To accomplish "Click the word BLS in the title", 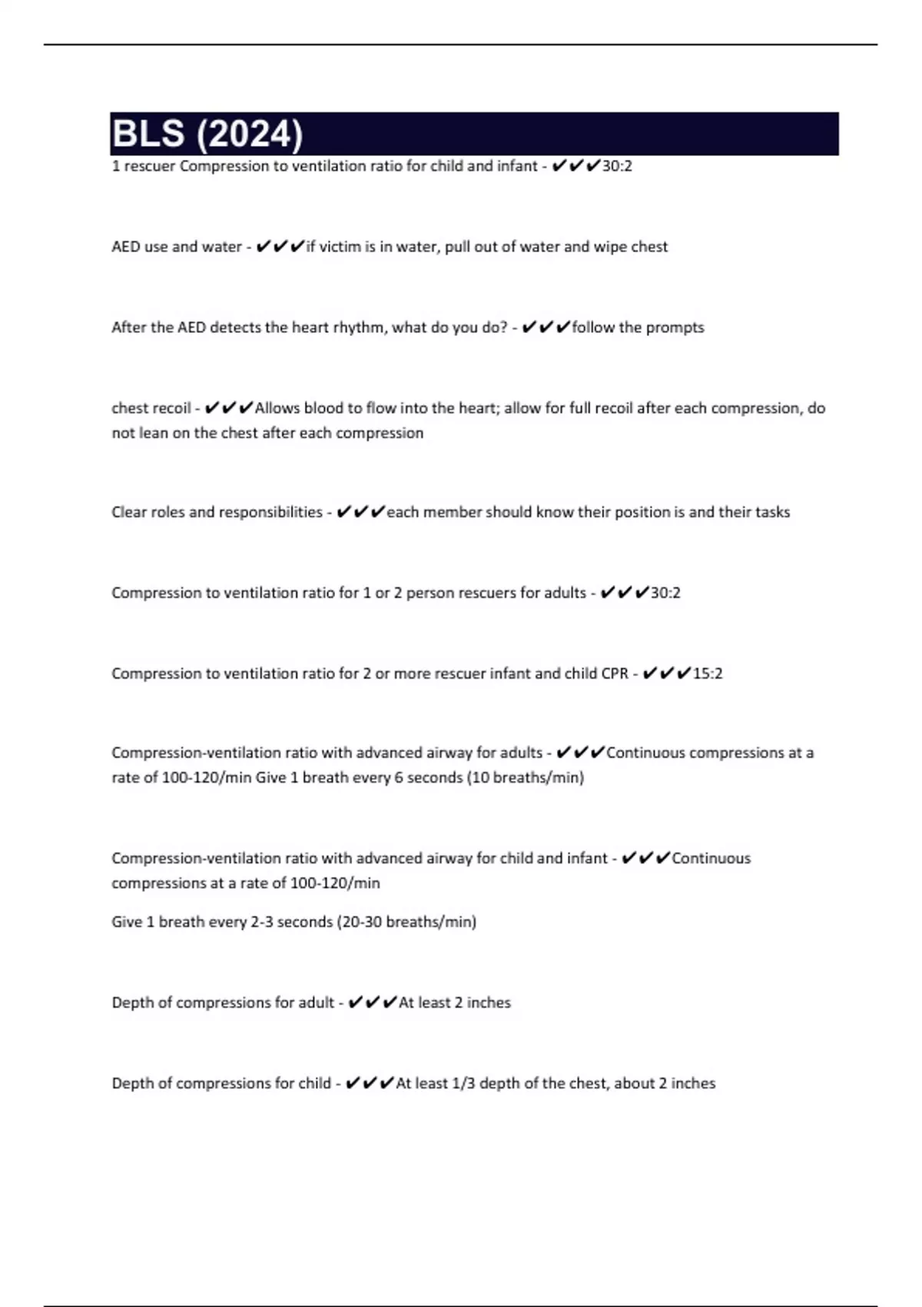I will pos(148,134).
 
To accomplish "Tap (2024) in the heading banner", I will pos(250,135).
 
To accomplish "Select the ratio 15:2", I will pos(708,673).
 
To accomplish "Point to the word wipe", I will pos(610,247).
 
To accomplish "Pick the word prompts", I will pos(675,328).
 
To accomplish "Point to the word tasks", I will pos(772,512).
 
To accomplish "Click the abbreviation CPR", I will pos(615,673).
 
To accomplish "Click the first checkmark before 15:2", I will pos(649,673).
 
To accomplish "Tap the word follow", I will pos(593,328).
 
